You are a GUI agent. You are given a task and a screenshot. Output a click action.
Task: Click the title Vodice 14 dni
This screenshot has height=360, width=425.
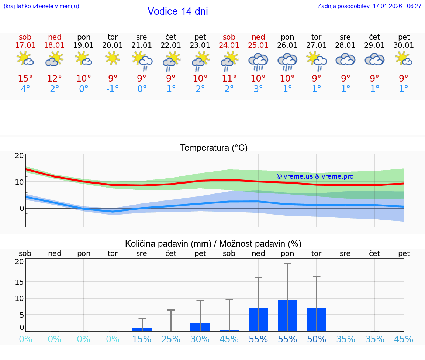pos(177,11)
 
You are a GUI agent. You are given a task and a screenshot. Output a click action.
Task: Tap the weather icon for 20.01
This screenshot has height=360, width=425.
pos(113,58)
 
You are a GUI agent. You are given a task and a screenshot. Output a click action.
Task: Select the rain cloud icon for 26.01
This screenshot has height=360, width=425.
pos(287,61)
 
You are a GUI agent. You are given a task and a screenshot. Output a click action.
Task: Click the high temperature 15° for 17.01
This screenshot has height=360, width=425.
pos(25,79)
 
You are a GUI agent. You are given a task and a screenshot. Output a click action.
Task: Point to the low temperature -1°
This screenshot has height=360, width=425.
pos(113,89)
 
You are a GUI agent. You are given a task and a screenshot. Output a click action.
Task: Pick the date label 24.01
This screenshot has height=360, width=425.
pos(229,45)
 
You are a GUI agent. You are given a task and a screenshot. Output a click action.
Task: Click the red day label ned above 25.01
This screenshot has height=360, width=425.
pos(258,37)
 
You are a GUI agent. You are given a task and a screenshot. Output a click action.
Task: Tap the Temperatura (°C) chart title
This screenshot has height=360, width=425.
pos(214,148)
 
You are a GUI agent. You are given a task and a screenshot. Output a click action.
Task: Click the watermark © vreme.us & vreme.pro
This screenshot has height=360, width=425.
pos(315,176)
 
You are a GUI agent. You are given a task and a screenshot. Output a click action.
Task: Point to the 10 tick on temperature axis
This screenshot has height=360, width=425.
pos(20,182)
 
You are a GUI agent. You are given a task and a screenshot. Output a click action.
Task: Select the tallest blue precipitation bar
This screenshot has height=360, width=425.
pos(287,315)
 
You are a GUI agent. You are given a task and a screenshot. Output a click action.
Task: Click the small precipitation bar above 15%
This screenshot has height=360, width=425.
pos(142,329)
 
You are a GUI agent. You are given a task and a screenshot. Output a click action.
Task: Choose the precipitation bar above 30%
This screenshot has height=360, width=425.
pos(200,327)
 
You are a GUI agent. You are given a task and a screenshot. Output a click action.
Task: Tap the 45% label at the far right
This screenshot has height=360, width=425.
pos(404,339)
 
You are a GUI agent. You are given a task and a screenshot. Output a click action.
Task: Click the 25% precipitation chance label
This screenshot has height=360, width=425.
pos(171,339)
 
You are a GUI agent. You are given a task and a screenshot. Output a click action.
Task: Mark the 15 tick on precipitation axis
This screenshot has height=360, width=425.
pos(20,282)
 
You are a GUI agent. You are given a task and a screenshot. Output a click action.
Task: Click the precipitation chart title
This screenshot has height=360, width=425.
pos(213,244)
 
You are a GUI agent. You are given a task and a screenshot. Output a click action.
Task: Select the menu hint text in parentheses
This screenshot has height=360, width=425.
pos(41,6)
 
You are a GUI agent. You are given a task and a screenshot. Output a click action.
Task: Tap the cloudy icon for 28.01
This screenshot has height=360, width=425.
pos(345,59)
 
